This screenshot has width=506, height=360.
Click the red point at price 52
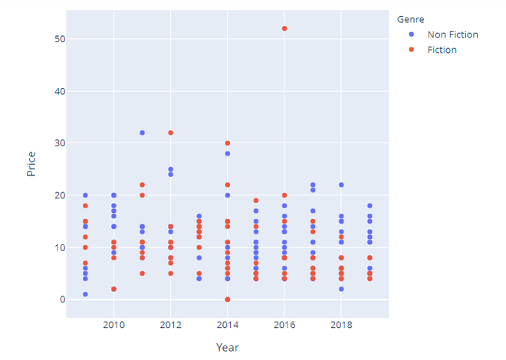(284, 28)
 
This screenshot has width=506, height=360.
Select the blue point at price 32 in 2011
(142, 133)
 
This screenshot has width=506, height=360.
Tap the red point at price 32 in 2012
(170, 133)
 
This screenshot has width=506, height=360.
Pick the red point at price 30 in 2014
(228, 143)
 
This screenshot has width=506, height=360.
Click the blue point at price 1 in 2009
(85, 294)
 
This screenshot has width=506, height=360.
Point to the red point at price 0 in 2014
(228, 299)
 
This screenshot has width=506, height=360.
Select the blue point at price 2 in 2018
(341, 289)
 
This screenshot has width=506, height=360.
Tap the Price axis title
(31, 164)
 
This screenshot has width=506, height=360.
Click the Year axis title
(227, 348)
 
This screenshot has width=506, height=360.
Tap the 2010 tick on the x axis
(113, 326)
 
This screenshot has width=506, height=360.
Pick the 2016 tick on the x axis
(284, 326)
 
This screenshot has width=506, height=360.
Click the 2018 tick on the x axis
(341, 326)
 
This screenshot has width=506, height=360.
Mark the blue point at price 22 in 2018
(341, 185)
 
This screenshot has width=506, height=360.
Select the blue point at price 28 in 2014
(228, 154)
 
